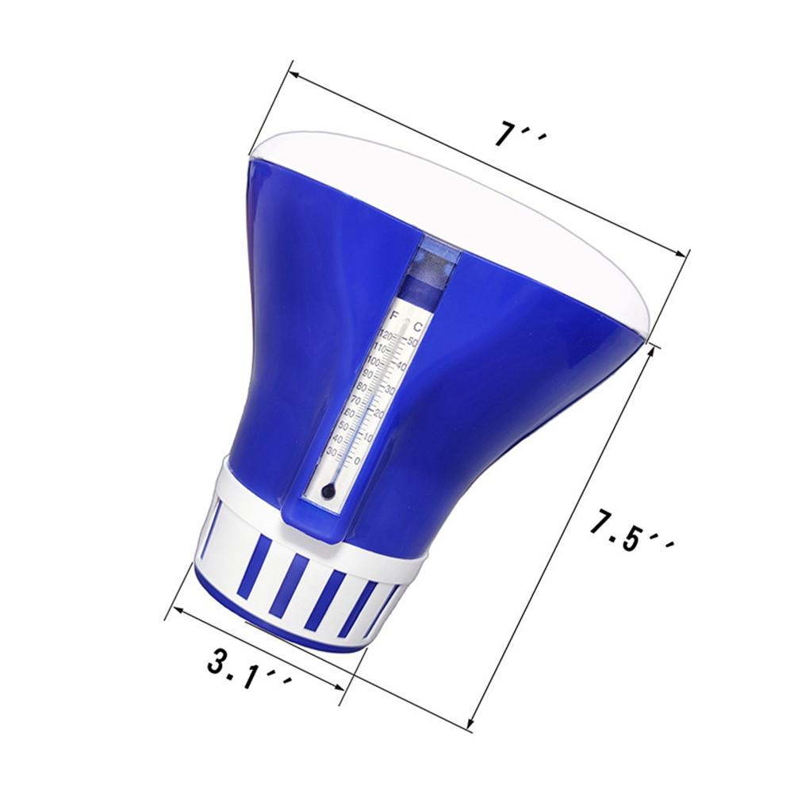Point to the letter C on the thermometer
pyautogui.click(x=418, y=328)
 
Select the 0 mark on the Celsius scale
pyautogui.click(x=356, y=461)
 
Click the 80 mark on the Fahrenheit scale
pyautogui.click(x=362, y=387)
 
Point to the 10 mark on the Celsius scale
pyautogui.click(x=368, y=437)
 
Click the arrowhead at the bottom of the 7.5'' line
pyautogui.click(x=470, y=723)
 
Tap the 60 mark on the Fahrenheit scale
pyautogui.click(x=350, y=413)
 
